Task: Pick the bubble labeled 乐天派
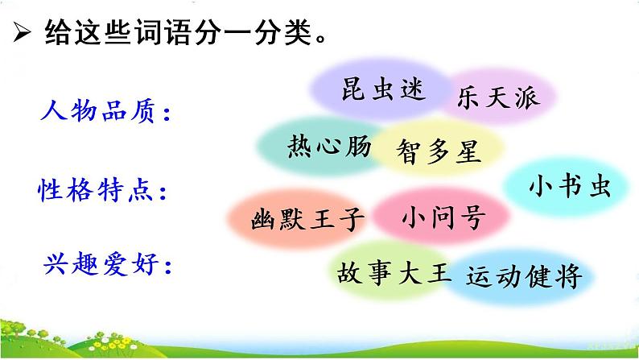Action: click(x=493, y=98)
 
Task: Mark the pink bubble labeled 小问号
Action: click(x=443, y=216)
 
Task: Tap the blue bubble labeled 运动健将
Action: click(x=523, y=277)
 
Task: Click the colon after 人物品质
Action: click(x=167, y=116)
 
